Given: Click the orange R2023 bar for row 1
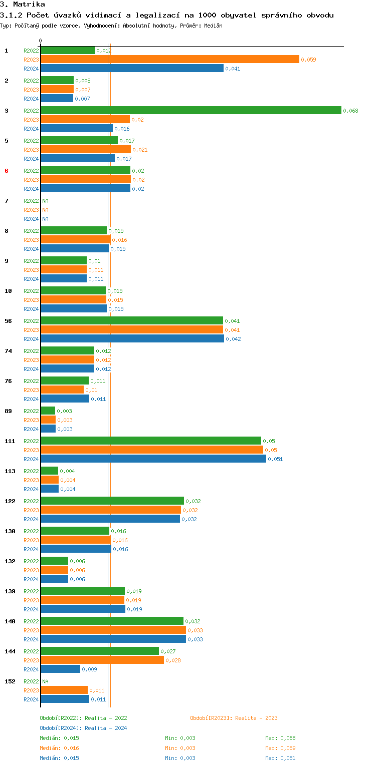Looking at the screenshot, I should point(170,60).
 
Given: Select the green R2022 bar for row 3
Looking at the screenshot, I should point(191,111).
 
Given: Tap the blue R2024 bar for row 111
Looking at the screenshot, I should point(153,459).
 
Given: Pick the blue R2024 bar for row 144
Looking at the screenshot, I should point(60,669).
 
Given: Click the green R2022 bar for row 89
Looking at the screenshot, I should point(48,411).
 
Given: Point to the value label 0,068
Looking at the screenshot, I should point(350,111).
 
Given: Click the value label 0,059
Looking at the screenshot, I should point(308,60).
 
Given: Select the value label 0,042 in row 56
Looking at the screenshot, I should point(233,339).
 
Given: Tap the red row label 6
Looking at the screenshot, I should point(7,171).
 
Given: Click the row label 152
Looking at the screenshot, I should point(10,681).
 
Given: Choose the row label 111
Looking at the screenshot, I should point(10,441).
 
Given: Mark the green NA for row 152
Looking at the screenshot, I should point(45,681).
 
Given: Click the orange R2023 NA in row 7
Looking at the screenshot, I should point(45,210).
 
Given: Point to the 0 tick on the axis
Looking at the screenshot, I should point(41,41).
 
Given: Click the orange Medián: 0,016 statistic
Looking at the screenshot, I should point(59,748).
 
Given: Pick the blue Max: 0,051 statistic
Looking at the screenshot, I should point(280,758).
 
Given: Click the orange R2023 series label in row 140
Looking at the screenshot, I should point(31,630).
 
